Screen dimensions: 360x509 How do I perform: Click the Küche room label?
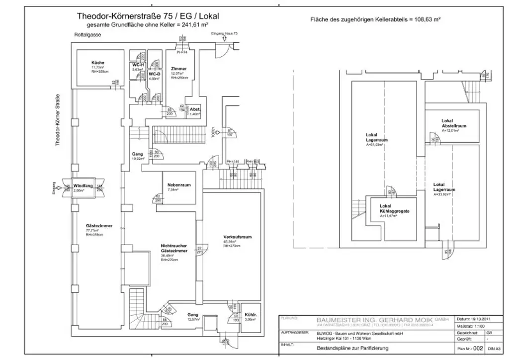(97, 62)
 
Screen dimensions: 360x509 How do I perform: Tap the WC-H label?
(138, 65)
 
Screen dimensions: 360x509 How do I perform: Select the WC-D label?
(154, 74)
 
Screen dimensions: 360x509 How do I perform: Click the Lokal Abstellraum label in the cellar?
(450, 123)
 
